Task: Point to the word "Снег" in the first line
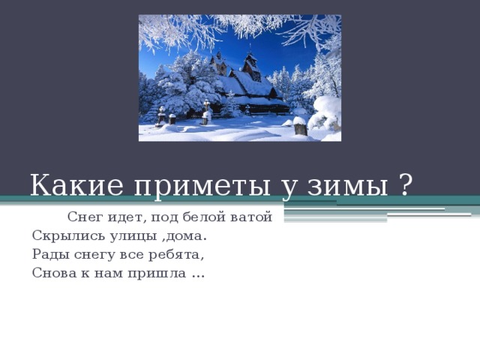coord(82,217)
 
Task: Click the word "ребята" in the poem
coord(180,253)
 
